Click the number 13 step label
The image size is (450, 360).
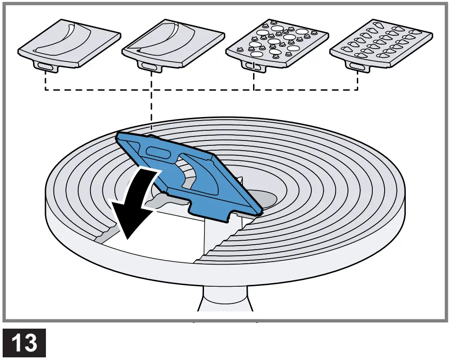coord(24,343)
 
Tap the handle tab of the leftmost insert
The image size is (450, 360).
coord(46,66)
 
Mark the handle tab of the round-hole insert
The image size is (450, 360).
coord(254,66)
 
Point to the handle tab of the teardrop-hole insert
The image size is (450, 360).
coord(357,66)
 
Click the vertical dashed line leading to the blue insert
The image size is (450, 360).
coord(151,110)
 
